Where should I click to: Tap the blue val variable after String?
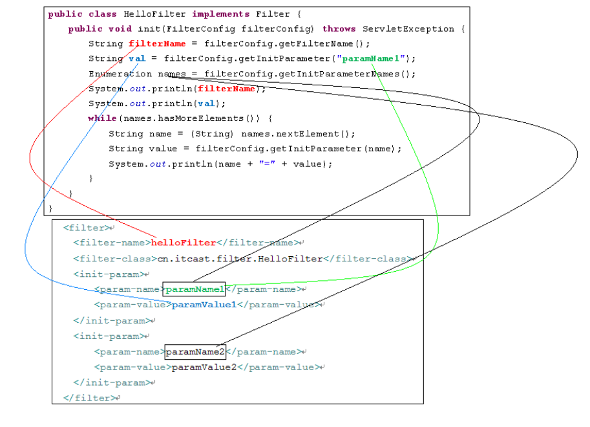pyautogui.click(x=137, y=58)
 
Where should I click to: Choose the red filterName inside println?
pyautogui.click(x=227, y=89)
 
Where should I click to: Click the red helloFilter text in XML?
pyautogui.click(x=184, y=243)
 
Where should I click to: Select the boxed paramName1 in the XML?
pyautogui.click(x=195, y=289)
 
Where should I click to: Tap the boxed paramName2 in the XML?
pyautogui.click(x=195, y=352)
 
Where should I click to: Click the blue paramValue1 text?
pyautogui.click(x=204, y=305)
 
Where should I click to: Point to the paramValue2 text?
pyautogui.click(x=204, y=367)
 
